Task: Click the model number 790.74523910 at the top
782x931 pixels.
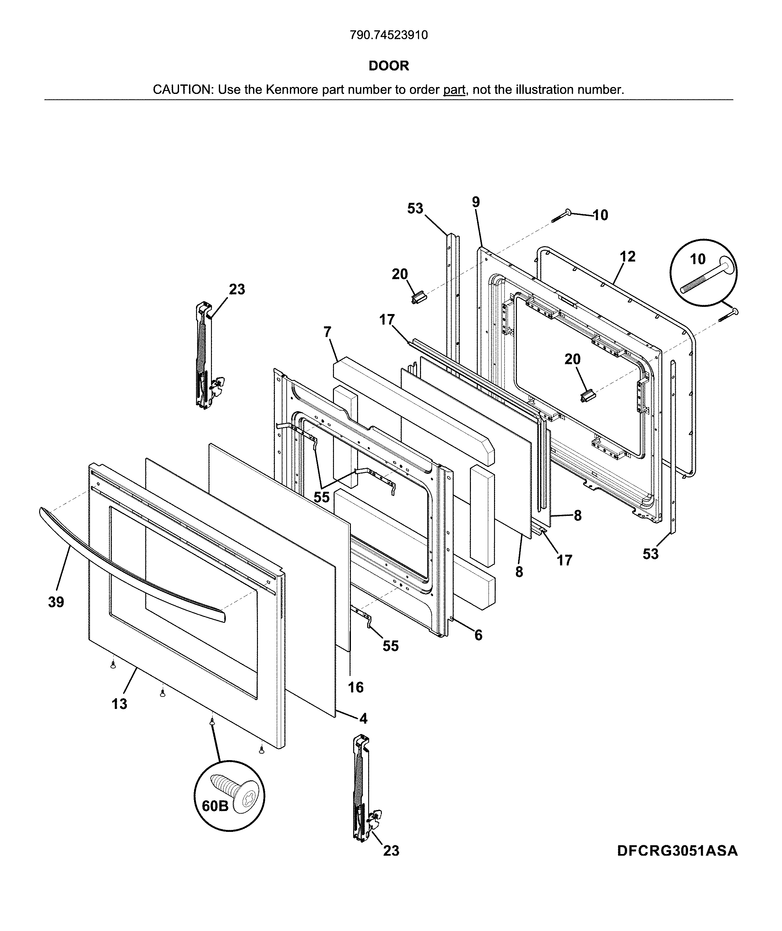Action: [389, 35]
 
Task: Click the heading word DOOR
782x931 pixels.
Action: [389, 66]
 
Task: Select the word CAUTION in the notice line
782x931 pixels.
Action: [181, 90]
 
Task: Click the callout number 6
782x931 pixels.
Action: [478, 635]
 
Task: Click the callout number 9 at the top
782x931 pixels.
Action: [476, 202]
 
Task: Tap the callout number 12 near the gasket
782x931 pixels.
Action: [627, 256]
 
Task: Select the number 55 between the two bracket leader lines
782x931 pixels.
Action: [322, 497]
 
